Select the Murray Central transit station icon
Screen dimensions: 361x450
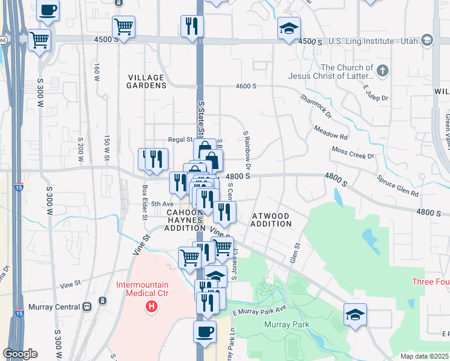tap(87, 306)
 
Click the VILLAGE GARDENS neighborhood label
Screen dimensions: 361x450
tap(147, 82)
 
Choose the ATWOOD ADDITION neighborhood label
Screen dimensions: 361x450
tap(272, 220)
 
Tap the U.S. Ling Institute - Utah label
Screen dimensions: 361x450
tap(374, 40)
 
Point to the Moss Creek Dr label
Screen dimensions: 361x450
tap(353, 152)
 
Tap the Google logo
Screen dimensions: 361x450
tap(20, 354)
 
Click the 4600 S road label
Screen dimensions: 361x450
tap(246, 86)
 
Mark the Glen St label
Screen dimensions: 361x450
tap(295, 249)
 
